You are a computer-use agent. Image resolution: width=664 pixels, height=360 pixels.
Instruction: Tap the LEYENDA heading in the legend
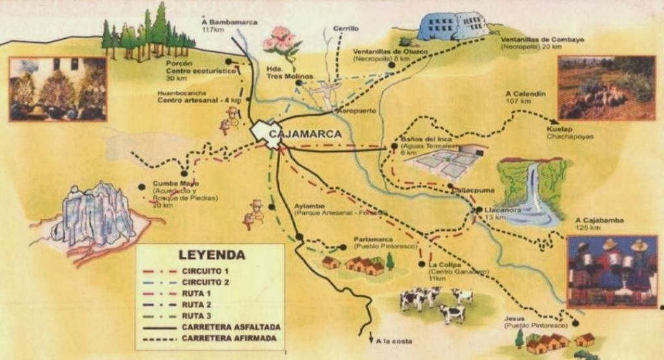(211, 255)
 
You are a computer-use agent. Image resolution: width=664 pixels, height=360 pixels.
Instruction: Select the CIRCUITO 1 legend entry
(206, 270)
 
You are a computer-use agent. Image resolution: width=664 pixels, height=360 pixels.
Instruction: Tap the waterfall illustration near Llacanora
(532, 192)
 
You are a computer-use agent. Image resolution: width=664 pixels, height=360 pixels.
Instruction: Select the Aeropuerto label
(355, 111)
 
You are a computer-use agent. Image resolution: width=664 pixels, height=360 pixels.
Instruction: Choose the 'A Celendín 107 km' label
(525, 97)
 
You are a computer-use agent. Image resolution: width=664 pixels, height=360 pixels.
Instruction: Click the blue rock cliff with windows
(453, 26)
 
